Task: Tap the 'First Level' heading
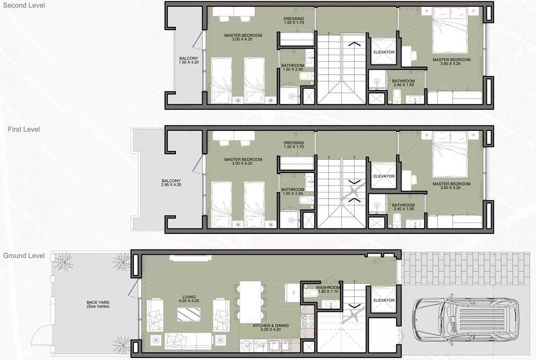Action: [24, 129]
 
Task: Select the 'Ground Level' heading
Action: [24, 256]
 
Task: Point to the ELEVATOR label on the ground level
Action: [384, 300]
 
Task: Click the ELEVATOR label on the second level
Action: [384, 52]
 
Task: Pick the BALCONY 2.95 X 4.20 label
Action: [171, 182]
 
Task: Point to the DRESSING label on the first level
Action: [294, 145]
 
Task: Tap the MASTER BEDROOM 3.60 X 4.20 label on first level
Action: [451, 186]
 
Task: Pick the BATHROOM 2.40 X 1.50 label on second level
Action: [403, 83]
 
